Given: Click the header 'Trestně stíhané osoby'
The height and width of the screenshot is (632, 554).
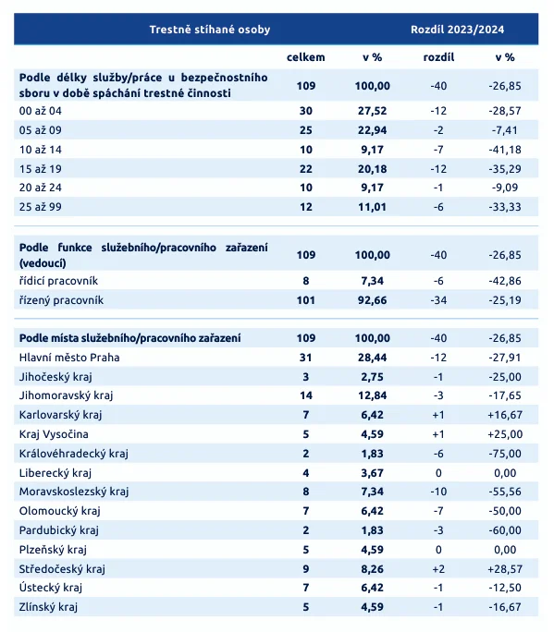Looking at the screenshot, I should tap(210, 30).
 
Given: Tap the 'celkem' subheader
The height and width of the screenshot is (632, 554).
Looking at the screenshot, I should tap(305, 56).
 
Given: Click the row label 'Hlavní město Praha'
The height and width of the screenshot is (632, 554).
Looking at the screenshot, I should tap(69, 357).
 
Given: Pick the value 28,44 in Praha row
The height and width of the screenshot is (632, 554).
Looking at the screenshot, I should tap(375, 357).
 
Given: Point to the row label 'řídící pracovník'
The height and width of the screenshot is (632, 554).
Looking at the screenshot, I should tap(59, 280).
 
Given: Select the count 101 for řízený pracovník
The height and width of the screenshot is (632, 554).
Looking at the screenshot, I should tap(305, 300).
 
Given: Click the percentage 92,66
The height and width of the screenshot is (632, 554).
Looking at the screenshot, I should tap(375, 300).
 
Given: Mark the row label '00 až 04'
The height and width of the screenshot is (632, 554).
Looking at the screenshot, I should tap(40, 110).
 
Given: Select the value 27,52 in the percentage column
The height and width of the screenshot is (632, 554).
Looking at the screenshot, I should tap(375, 110).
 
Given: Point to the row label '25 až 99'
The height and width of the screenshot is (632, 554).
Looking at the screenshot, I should tap(40, 206).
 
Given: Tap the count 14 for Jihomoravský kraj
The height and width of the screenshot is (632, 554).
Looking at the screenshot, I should tap(305, 395).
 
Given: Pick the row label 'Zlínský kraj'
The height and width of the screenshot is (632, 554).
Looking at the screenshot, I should tap(49, 607).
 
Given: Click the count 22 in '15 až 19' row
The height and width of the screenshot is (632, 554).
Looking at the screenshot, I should tap(305, 168).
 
